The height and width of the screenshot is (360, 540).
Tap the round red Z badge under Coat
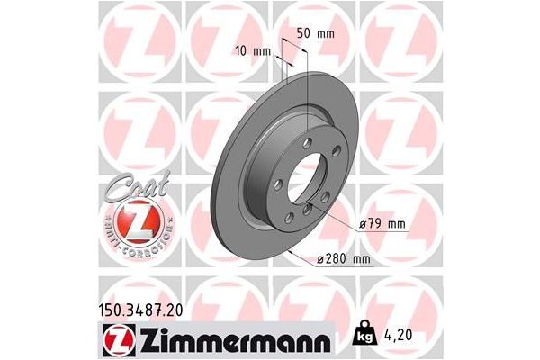point(136,223)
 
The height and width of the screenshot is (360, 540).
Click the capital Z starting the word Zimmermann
point(145,339)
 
